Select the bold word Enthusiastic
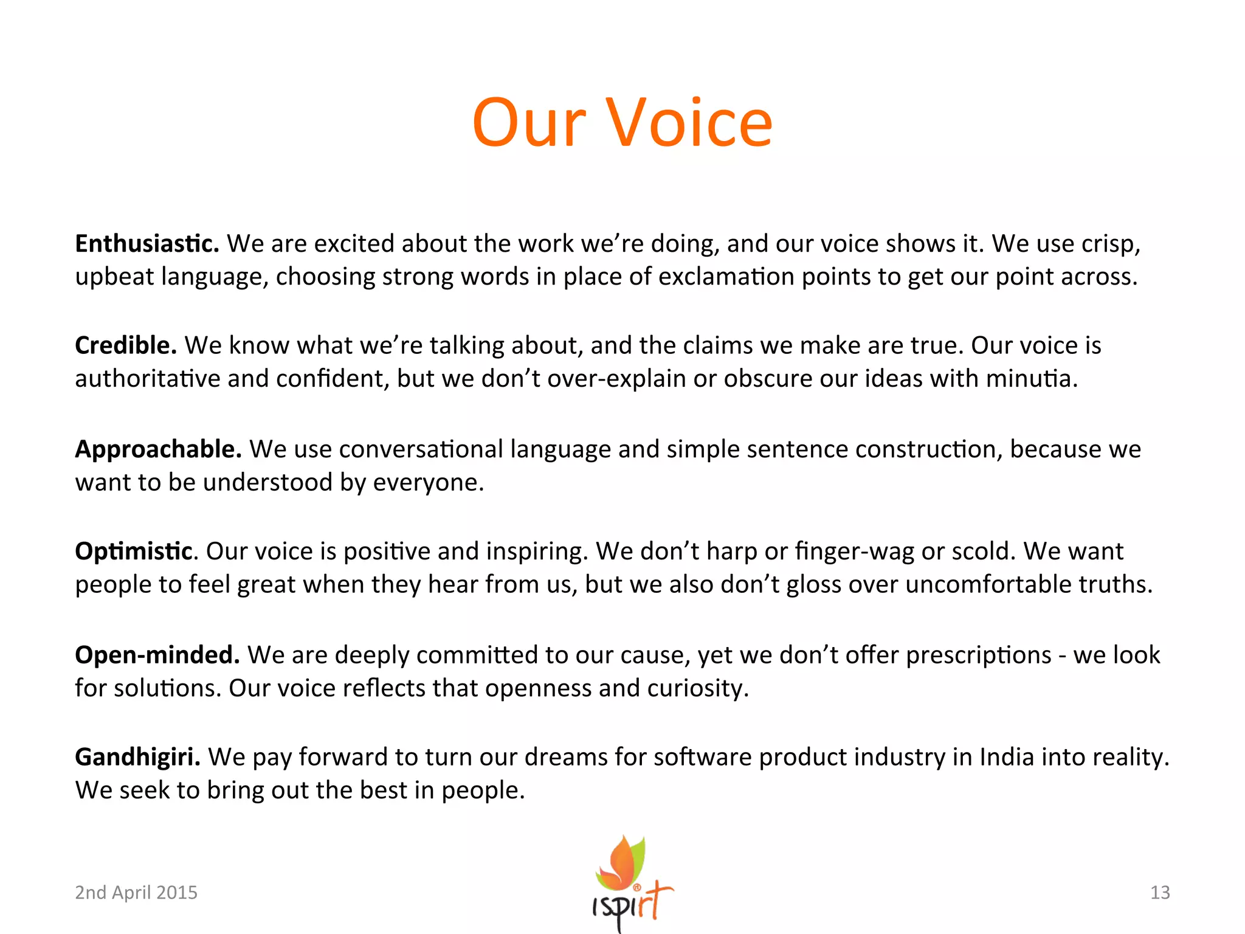coord(147,244)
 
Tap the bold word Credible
coord(125,345)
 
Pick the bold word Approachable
coord(158,449)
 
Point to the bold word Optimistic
coord(134,552)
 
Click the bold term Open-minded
coord(157,655)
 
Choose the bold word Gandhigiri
coord(137,757)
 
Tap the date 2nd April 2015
coord(136,892)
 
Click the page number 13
coord(1160,892)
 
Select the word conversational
coord(421,449)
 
